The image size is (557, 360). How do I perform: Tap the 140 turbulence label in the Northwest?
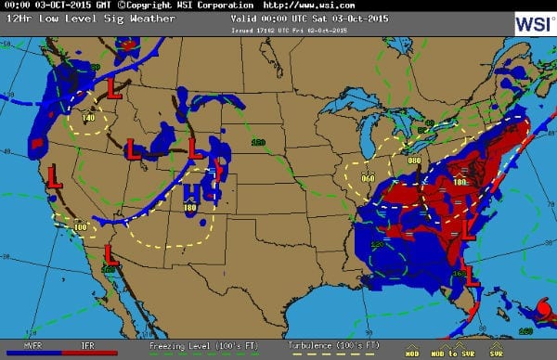(x=88, y=118)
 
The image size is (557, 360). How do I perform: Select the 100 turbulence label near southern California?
(x=81, y=226)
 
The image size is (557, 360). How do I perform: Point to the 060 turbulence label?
(x=368, y=177)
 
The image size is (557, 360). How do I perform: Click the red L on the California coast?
(x=54, y=175)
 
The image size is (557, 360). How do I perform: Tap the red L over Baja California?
(x=110, y=252)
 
